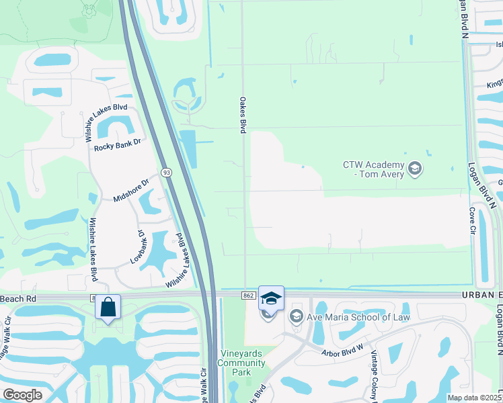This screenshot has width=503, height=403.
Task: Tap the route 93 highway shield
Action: coord(167,173)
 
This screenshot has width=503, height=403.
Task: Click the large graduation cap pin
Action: coord(271,298)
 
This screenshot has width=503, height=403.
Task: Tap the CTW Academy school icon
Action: coord(415,168)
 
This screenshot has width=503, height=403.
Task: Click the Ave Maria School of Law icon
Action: coord(296,316)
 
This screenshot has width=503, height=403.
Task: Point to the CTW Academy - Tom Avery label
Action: coord(373,169)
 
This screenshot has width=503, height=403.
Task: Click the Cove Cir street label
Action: coord(472,220)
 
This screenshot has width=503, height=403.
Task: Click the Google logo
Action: coord(22,395)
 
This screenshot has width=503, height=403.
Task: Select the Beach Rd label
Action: coord(23,298)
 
